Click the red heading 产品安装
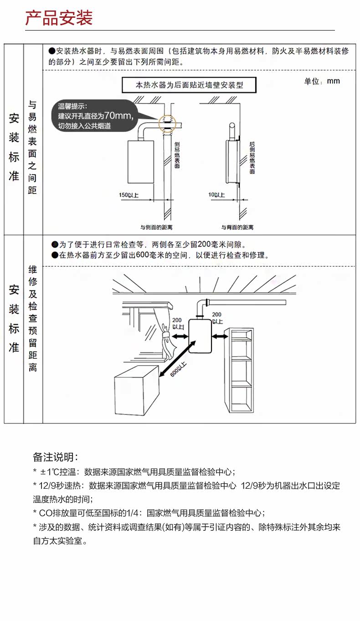[x=59, y=18]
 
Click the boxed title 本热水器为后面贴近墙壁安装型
[x=189, y=85]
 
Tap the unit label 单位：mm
[x=322, y=81]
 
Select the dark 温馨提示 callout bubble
[x=96, y=115]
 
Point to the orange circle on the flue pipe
[x=167, y=123]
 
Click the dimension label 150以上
[x=129, y=195]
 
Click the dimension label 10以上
[x=217, y=195]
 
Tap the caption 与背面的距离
[x=237, y=227]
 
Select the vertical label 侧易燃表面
[x=177, y=155]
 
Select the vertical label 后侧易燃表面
[x=252, y=157]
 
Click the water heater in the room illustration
[x=201, y=336]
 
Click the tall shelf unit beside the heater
[x=241, y=370]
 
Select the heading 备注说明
[x=56, y=457]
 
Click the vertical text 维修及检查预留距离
[x=33, y=318]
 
